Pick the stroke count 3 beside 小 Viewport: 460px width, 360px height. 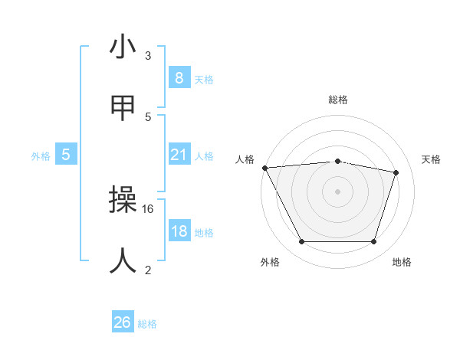click(x=148, y=55)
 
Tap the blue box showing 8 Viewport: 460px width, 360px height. click(x=179, y=78)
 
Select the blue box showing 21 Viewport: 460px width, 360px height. click(x=179, y=155)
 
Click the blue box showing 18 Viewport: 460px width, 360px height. click(x=179, y=232)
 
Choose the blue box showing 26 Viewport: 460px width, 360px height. click(x=122, y=323)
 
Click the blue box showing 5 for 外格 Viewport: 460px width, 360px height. click(x=66, y=155)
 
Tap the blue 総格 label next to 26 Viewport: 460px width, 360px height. click(x=147, y=324)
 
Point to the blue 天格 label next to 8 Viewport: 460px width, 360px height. click(x=204, y=79)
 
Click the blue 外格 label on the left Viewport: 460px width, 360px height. click(x=41, y=156)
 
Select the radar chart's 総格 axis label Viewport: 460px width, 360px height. click(x=337, y=100)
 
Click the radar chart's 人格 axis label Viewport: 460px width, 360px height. click(x=245, y=159)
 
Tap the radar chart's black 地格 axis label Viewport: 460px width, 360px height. click(x=402, y=263)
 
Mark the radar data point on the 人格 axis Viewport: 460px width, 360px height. click(x=264, y=168)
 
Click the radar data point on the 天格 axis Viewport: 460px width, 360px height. click(x=396, y=172)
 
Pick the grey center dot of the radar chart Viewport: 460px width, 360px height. click(x=337, y=191)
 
